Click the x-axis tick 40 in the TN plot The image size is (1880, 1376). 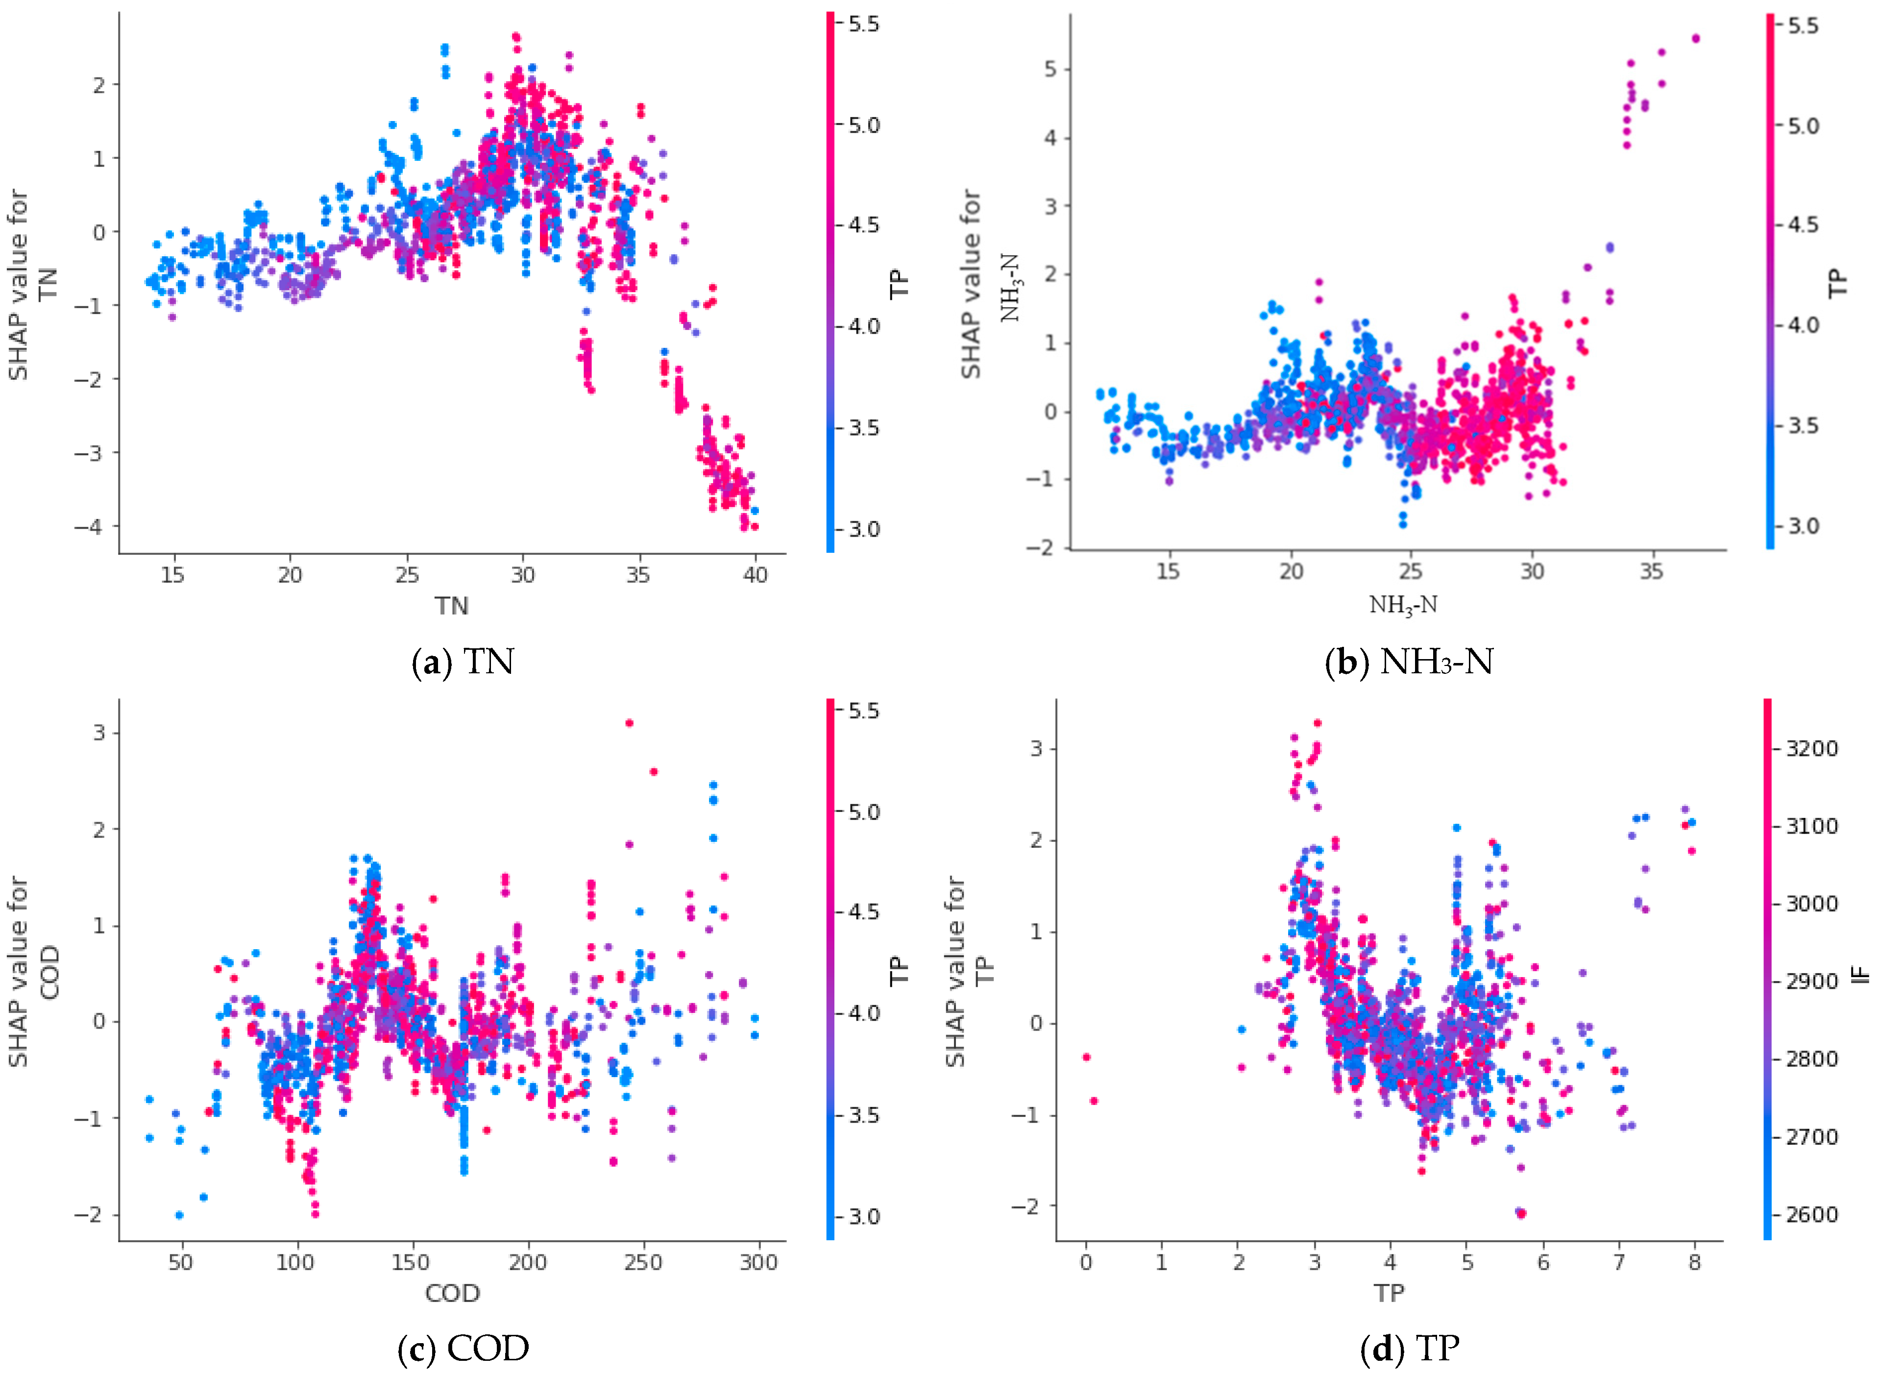point(755,575)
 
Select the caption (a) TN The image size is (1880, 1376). point(464,662)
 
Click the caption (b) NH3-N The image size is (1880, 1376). point(1409,662)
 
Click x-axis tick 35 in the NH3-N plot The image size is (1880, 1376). point(1652,571)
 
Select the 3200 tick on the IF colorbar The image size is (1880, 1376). point(1811,748)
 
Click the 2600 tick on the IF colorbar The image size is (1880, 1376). point(1811,1214)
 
